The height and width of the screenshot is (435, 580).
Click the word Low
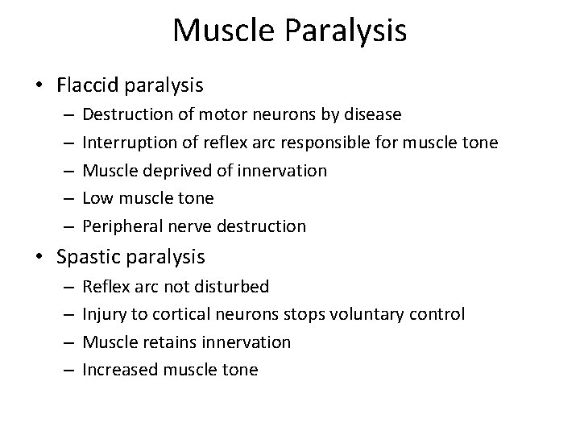click(97, 198)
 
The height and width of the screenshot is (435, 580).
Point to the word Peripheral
click(120, 226)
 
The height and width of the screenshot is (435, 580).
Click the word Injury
click(103, 314)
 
